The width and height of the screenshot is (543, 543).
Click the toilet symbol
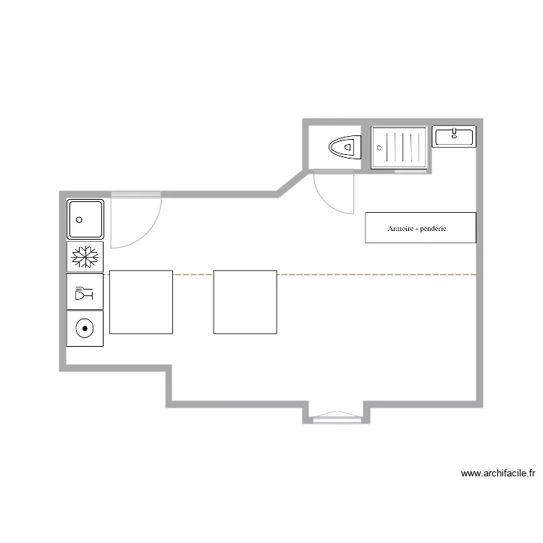coord(345,148)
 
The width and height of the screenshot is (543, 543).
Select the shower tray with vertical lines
coord(400,147)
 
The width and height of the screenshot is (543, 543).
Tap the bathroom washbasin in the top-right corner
coord(454,136)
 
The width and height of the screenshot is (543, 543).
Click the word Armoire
coord(400,229)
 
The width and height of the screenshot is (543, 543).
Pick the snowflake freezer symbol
coord(85,256)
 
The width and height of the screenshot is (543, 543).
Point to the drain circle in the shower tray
coord(379,148)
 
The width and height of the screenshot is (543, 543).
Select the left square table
coord(141,302)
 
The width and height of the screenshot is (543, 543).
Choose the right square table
coord(245,302)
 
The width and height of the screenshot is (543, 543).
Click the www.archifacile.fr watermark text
coord(498,474)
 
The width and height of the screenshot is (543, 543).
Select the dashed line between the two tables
coord(193,274)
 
